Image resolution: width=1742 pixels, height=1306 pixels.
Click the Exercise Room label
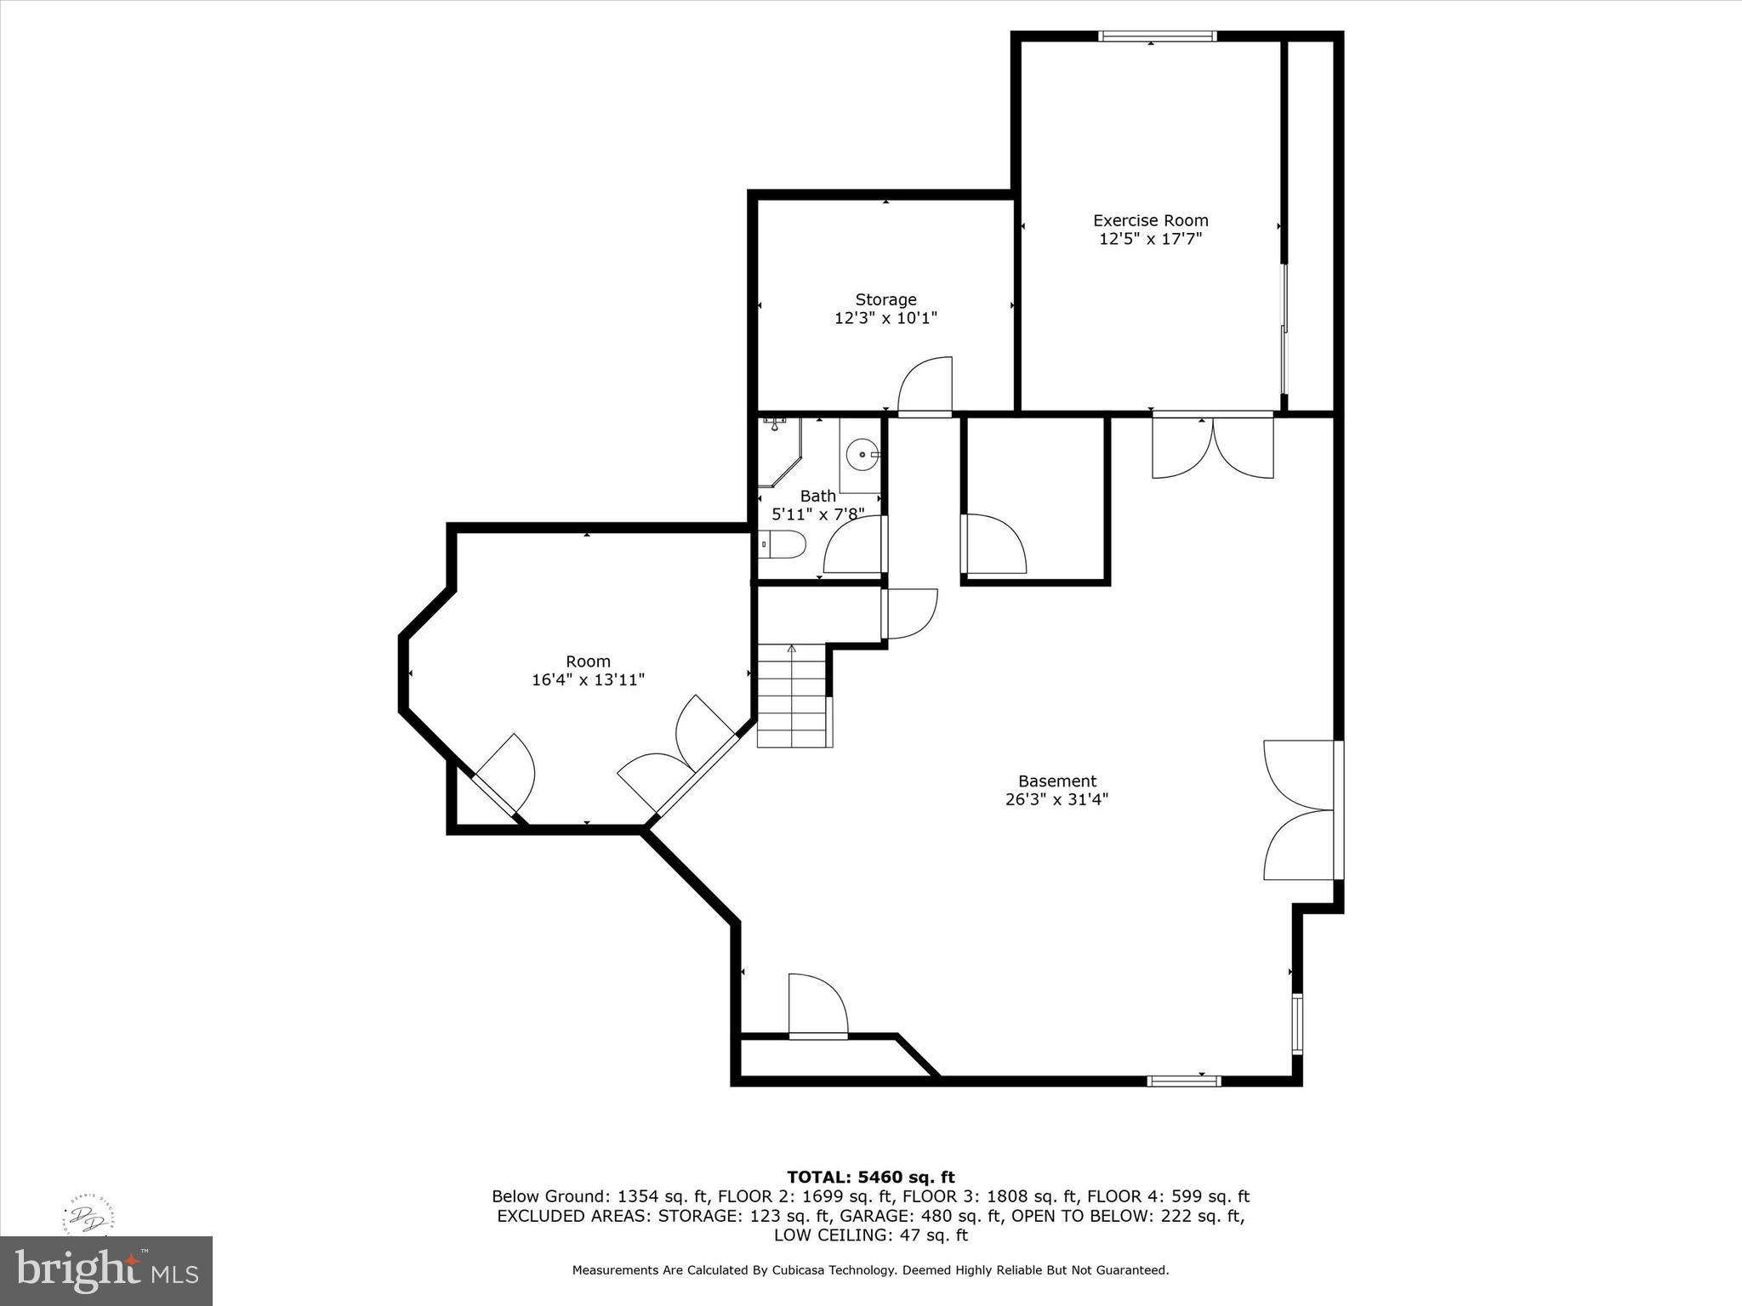click(x=1150, y=221)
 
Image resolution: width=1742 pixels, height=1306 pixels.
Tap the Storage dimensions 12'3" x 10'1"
click(x=885, y=318)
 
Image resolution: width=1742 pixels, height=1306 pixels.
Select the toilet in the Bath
click(x=782, y=544)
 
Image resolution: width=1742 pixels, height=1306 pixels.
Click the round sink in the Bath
click(x=862, y=455)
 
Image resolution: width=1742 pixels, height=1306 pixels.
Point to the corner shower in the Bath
click(x=778, y=451)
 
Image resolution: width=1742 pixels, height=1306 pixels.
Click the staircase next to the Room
click(x=792, y=696)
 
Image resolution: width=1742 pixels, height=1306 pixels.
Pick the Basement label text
click(x=1057, y=781)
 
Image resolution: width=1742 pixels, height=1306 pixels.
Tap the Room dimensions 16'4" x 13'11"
click(x=588, y=680)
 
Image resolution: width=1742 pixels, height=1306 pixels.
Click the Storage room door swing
click(x=925, y=386)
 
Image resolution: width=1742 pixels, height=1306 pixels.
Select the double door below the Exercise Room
click(x=1212, y=447)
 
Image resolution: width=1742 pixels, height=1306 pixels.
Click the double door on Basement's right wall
click(x=1299, y=809)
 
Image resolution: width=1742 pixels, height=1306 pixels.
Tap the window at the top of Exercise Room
click(x=1157, y=36)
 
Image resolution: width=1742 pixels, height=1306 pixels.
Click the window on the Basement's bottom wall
click(x=1184, y=1082)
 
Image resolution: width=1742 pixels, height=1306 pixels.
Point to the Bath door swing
click(x=854, y=546)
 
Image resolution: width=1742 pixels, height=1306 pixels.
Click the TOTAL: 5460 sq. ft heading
click(x=870, y=1177)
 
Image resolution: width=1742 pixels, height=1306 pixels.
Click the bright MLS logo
click(x=106, y=1270)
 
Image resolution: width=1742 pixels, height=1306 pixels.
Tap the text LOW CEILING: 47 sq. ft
click(x=870, y=1235)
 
